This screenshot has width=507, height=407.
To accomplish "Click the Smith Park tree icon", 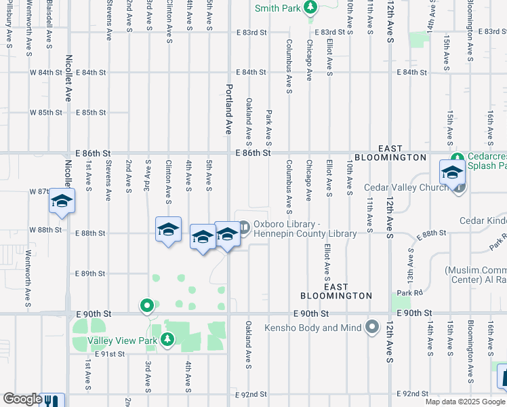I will (x=310, y=7).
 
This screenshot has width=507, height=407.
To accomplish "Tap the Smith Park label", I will (x=277, y=8).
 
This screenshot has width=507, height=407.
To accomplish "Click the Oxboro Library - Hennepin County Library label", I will (x=305, y=229).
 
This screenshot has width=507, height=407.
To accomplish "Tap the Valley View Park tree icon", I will (x=167, y=340).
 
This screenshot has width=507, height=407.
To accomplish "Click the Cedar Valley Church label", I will (x=407, y=187).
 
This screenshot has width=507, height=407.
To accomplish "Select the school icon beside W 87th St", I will (x=62, y=202).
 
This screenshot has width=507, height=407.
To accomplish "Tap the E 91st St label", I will (x=110, y=353).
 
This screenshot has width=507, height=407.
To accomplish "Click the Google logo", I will (x=22, y=399).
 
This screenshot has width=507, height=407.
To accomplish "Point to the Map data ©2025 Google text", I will (x=464, y=402).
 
